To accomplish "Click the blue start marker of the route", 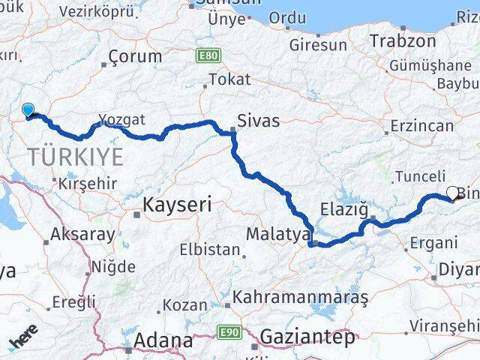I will click(28, 110).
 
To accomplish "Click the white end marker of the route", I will click(452, 193).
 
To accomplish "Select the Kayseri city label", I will click(177, 203).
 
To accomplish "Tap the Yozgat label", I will click(121, 119).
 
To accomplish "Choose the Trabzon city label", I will click(403, 40).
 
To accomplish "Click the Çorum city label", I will click(135, 56).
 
